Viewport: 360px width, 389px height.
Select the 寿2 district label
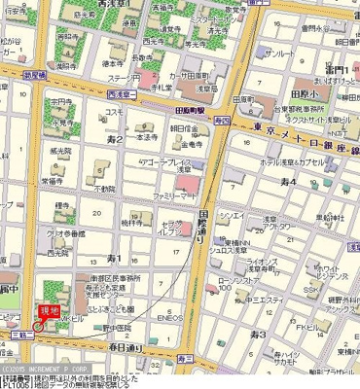115,140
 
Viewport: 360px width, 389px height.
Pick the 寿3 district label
257,334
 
